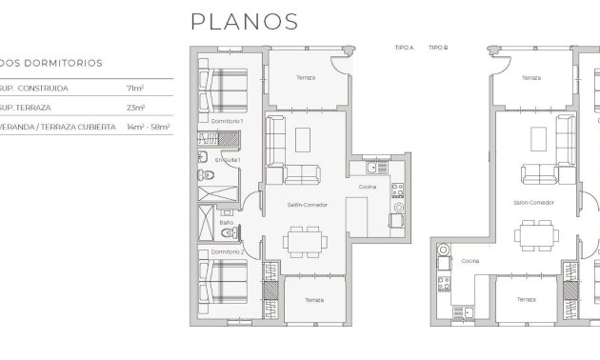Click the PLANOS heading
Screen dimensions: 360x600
245,21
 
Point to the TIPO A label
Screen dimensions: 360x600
404,47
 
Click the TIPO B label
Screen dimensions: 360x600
438,47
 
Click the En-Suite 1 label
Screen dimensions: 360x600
226,160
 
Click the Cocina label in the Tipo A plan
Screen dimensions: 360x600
367,188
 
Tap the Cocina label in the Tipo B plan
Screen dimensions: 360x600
470,260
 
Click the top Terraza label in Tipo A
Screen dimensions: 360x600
305,78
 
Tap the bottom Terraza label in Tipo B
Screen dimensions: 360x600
526,299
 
